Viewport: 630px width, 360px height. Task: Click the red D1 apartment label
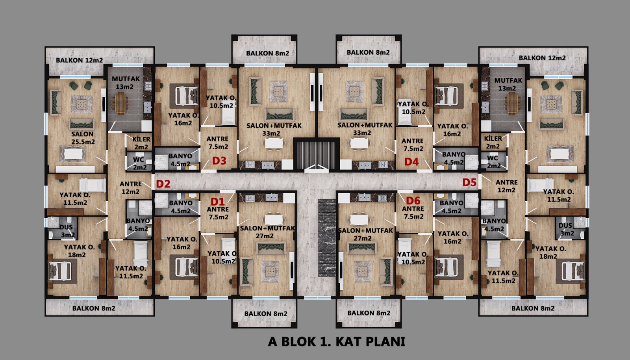pyautogui.click(x=218, y=201)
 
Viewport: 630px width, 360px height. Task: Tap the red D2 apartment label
pyautogui.click(x=163, y=184)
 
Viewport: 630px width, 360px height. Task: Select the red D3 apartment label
pyautogui.click(x=219, y=161)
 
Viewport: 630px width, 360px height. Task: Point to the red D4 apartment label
pyautogui.click(x=411, y=162)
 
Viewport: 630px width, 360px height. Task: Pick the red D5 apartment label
pyautogui.click(x=469, y=182)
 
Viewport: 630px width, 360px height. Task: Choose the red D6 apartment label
pyautogui.click(x=413, y=200)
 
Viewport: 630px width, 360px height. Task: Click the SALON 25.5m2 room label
pyautogui.click(x=83, y=138)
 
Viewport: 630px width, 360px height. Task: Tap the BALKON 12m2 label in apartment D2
pyautogui.click(x=79, y=60)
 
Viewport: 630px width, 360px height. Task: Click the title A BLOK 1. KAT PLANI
pyautogui.click(x=337, y=342)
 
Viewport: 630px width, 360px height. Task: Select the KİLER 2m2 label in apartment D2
pyautogui.click(x=141, y=143)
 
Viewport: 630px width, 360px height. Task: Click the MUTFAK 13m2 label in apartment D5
pyautogui.click(x=508, y=84)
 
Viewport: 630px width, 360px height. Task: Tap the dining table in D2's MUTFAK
pyautogui.click(x=121, y=104)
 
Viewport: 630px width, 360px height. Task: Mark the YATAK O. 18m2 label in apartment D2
pyautogui.click(x=79, y=251)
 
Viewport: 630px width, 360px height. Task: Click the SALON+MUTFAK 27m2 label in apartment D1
pyautogui.click(x=267, y=232)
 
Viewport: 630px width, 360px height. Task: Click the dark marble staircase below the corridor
pyautogui.click(x=327, y=238)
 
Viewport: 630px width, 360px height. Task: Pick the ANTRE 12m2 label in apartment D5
pyautogui.click(x=506, y=186)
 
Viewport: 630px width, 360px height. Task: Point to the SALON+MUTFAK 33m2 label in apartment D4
pyautogui.click(x=365, y=129)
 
